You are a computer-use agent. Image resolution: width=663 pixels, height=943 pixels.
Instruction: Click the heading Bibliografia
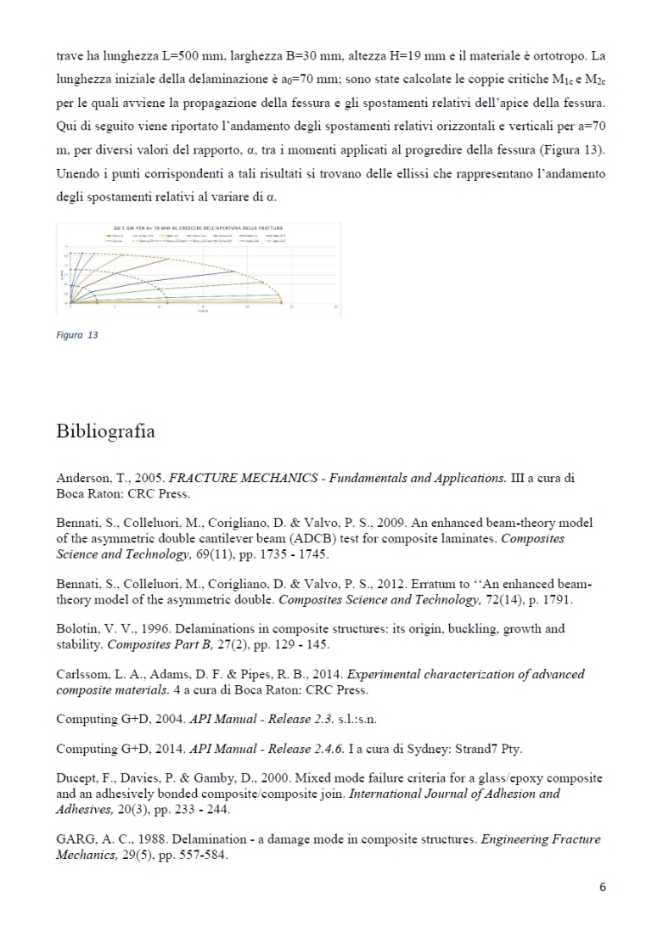[x=105, y=431]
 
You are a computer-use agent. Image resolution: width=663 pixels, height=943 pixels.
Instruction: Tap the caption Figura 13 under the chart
[x=77, y=335]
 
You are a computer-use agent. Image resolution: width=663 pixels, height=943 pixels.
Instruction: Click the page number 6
[x=602, y=888]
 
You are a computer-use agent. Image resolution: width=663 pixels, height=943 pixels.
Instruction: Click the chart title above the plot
[x=197, y=228]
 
